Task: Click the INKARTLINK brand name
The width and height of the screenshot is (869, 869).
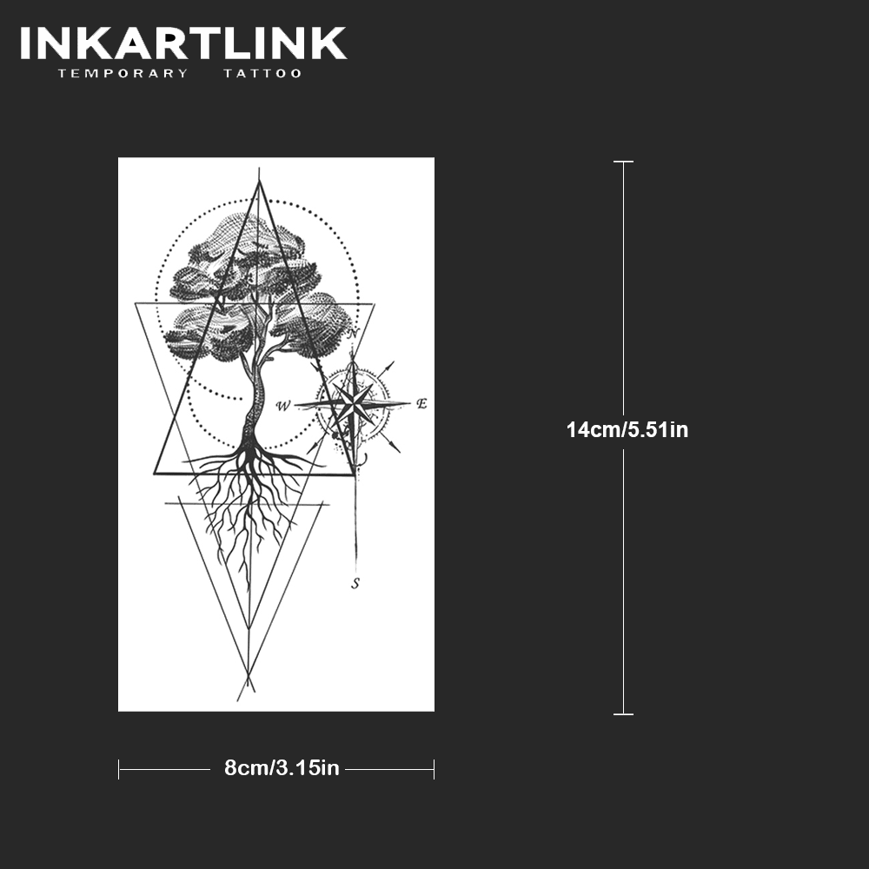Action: (183, 43)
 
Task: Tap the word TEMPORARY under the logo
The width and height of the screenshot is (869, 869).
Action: (123, 74)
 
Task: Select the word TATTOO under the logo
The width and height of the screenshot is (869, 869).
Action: (262, 74)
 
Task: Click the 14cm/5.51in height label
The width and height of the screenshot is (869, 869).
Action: (627, 429)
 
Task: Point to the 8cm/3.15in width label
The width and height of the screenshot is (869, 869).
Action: (282, 768)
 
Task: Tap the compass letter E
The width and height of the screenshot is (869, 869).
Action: (421, 403)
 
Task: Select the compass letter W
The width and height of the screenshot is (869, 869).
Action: (283, 406)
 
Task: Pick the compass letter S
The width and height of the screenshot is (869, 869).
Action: (355, 584)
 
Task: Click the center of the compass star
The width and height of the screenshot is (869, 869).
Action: (353, 404)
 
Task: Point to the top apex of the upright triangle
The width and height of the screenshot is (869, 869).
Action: (258, 181)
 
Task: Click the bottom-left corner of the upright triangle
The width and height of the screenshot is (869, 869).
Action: (155, 474)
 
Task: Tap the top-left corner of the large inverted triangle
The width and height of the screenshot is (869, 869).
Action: (136, 303)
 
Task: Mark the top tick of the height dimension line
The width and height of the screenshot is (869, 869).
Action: (623, 162)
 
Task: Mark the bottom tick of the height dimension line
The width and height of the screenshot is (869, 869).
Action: (623, 714)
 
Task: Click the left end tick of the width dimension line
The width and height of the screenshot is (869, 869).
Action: (119, 769)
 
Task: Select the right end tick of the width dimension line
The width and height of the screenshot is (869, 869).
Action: (434, 769)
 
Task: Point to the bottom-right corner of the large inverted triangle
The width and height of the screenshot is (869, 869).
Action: (373, 303)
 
